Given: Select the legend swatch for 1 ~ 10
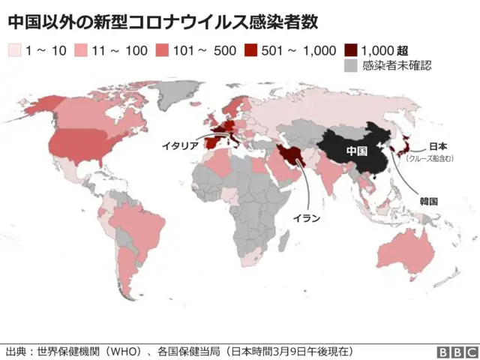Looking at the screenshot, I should (14, 50).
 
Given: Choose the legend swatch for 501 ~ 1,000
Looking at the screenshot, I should (251, 50).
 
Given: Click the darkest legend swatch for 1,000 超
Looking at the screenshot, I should (351, 50).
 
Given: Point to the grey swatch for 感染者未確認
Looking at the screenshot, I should (351, 66).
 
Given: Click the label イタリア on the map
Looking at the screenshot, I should (180, 146).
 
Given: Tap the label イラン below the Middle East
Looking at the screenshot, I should (306, 218).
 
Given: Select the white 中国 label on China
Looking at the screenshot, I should (357, 151).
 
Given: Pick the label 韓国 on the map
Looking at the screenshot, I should (429, 201).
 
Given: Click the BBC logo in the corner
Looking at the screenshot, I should (457, 352).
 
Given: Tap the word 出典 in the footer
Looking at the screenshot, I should (16, 351).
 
